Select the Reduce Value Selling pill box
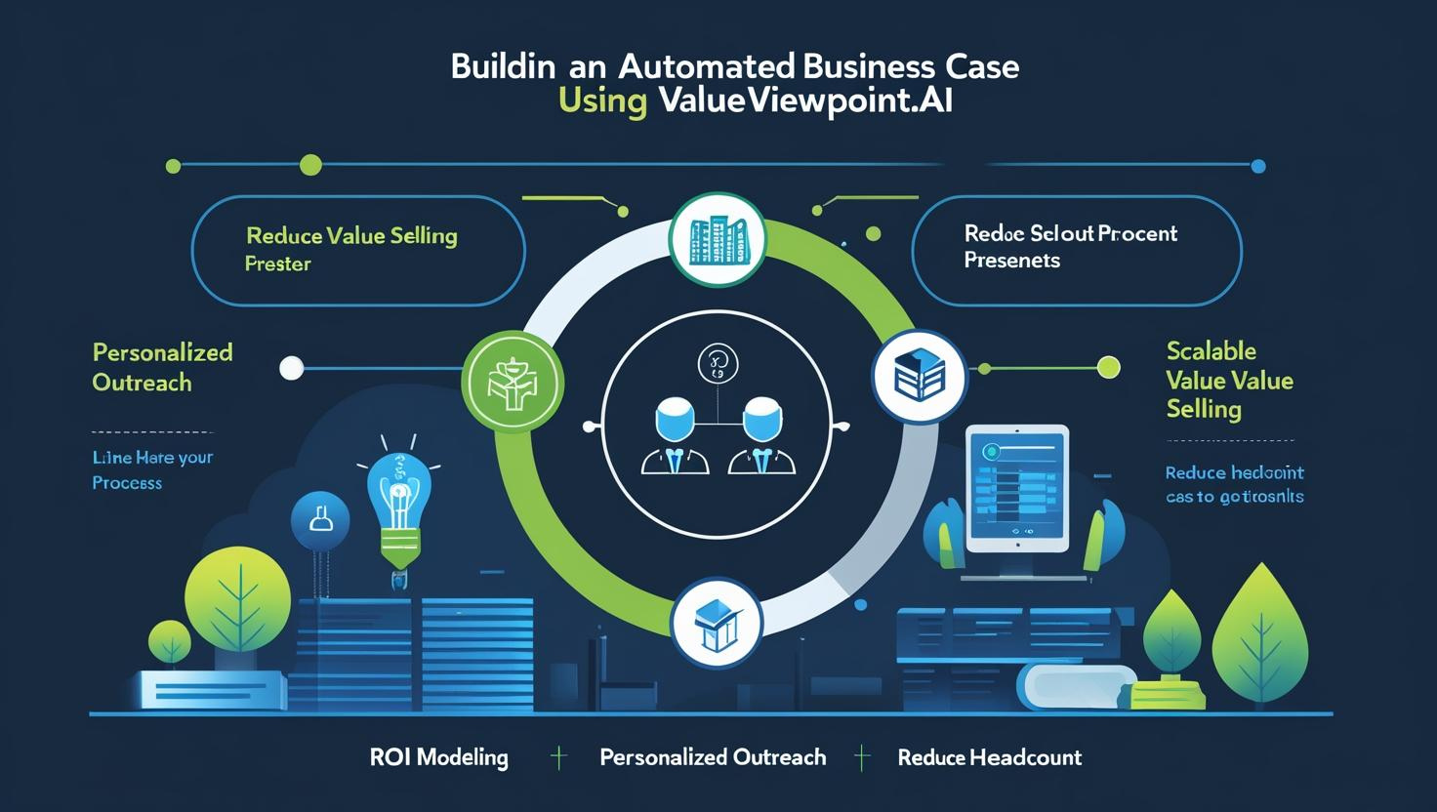358,250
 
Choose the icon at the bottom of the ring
717,622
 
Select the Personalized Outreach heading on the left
162,367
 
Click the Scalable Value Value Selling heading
1229,380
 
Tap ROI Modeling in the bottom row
439,757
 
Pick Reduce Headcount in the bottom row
989,757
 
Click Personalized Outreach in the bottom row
713,757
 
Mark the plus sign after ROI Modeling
558,757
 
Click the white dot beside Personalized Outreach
291,368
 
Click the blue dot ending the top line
1257,166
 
